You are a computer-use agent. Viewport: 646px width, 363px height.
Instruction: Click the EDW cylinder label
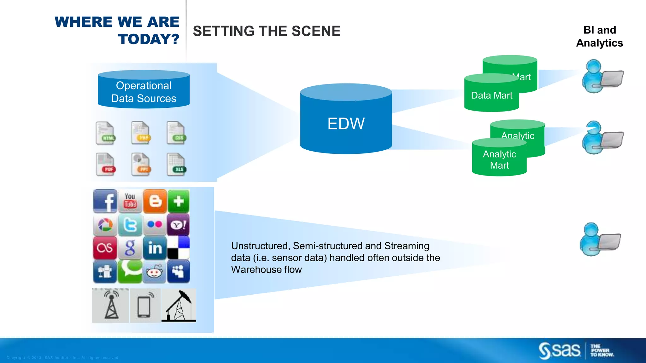click(x=346, y=124)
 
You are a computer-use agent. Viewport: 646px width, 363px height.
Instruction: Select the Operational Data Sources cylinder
click(x=144, y=91)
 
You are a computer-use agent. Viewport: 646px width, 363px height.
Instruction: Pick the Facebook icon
click(x=105, y=201)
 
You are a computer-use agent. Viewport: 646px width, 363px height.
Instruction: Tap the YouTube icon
click(x=130, y=201)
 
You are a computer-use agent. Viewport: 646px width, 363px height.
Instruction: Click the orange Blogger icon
click(x=155, y=201)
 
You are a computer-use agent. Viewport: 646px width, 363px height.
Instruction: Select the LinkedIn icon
click(x=155, y=248)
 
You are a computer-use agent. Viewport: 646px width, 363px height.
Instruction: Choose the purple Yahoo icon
click(x=178, y=225)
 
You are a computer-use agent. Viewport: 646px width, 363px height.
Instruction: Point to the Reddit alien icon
click(x=154, y=272)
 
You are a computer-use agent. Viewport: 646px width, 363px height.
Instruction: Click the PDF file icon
click(x=106, y=164)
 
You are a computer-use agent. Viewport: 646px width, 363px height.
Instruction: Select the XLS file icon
click(x=176, y=164)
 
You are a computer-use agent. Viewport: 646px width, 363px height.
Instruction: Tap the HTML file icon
click(x=105, y=133)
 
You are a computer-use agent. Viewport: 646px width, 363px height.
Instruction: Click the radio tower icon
click(x=111, y=305)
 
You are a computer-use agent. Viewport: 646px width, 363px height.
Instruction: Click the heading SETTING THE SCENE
click(x=267, y=31)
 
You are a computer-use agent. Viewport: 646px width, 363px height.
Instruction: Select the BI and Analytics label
click(x=599, y=36)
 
